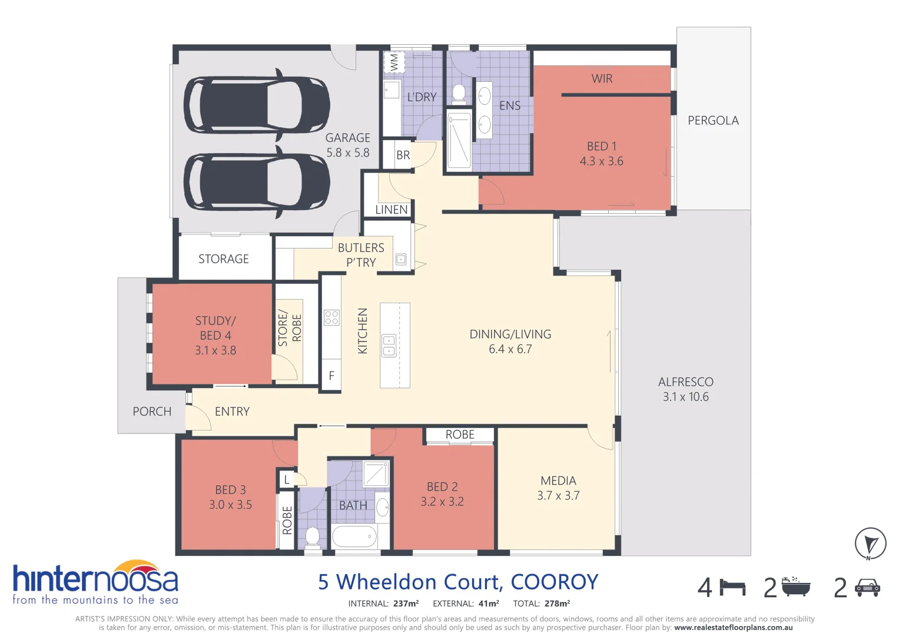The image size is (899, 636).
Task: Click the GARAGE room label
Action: pyautogui.click(x=347, y=138)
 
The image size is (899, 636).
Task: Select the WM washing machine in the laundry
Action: pyautogui.click(x=394, y=62)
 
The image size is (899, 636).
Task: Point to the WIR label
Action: pyautogui.click(x=602, y=79)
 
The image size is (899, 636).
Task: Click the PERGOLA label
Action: pyautogui.click(x=713, y=121)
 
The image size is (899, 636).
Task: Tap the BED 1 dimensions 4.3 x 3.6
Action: pyautogui.click(x=601, y=161)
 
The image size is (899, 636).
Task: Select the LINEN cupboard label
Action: pyautogui.click(x=391, y=210)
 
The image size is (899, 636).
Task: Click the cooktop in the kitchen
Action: pyautogui.click(x=331, y=318)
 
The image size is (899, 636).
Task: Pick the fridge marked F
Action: pyautogui.click(x=331, y=376)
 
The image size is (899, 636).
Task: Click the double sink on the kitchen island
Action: pyautogui.click(x=389, y=346)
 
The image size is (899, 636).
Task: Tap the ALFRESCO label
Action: pyautogui.click(x=685, y=382)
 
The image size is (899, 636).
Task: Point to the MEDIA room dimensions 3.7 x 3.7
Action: pyautogui.click(x=558, y=496)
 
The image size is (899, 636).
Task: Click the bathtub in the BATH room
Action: pyautogui.click(x=354, y=536)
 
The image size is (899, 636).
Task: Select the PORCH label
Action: pyautogui.click(x=152, y=412)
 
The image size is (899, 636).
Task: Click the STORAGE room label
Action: pyautogui.click(x=223, y=259)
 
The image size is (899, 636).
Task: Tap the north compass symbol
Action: pyautogui.click(x=870, y=544)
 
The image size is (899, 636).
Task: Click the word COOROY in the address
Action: pyautogui.click(x=554, y=582)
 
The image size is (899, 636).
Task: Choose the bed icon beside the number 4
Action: pyautogui.click(x=733, y=588)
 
